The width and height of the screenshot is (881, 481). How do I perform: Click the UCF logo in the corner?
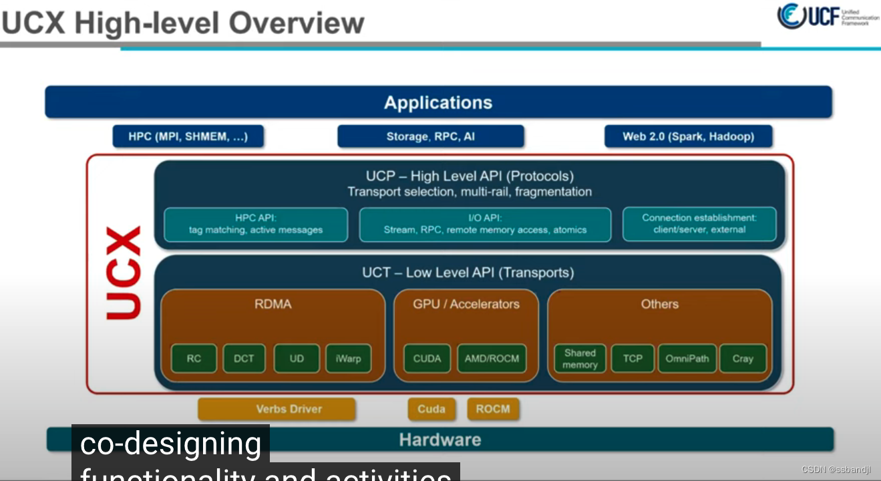[827, 17]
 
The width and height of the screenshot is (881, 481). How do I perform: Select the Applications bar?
[438, 102]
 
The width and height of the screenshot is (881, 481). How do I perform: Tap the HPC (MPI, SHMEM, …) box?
[188, 136]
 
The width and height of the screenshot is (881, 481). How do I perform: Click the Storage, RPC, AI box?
[430, 136]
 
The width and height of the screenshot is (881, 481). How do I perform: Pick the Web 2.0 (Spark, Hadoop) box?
[688, 136]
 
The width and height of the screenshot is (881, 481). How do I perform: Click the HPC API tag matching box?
[256, 224]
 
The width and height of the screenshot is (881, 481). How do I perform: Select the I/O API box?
[485, 224]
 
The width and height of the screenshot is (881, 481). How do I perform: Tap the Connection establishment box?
[699, 224]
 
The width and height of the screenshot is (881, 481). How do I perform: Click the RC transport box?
[194, 359]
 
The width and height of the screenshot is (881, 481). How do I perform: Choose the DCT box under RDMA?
[244, 359]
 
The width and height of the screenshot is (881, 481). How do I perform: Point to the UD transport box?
[297, 359]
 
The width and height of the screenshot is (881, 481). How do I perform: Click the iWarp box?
[348, 359]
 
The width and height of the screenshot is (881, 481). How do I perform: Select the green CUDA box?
[427, 359]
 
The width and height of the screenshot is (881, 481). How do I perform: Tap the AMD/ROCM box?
[492, 359]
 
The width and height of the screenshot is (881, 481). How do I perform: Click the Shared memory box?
[580, 359]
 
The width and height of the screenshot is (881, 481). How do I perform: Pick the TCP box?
[633, 359]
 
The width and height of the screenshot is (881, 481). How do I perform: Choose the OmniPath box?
[687, 359]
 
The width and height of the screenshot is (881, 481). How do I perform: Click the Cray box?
[743, 359]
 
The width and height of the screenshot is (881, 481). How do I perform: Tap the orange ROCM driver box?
[493, 409]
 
